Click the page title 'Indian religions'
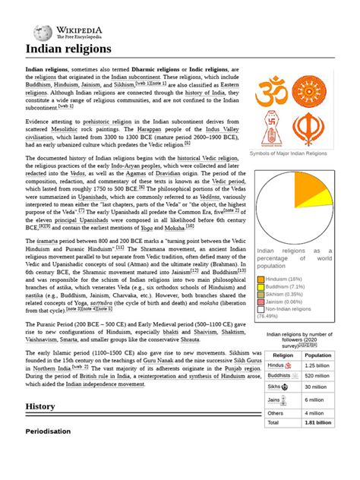(68, 49)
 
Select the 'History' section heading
(40, 406)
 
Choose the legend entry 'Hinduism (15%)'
(285, 279)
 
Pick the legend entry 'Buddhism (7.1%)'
(287, 287)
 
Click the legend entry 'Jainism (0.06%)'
(286, 302)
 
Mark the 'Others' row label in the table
(277, 412)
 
